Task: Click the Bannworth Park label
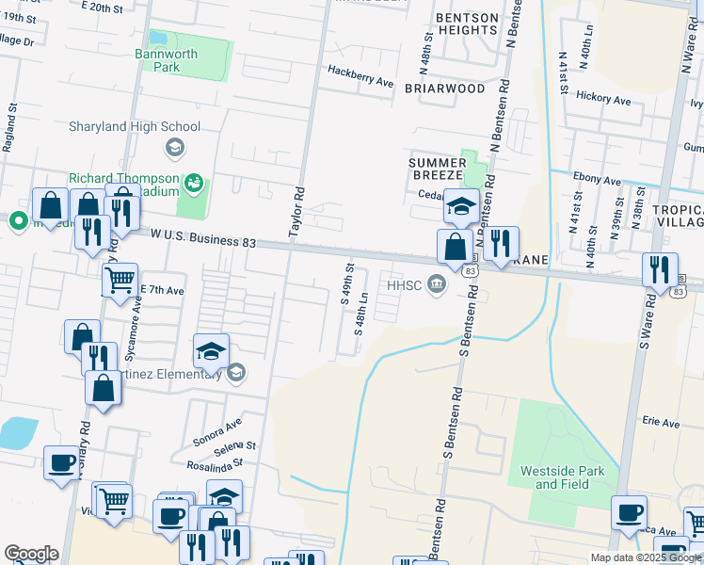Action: click(x=167, y=60)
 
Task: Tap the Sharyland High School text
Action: click(x=134, y=127)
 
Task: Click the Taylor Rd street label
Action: click(x=296, y=208)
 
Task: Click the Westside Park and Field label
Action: click(x=562, y=476)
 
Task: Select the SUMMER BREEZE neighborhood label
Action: click(x=437, y=169)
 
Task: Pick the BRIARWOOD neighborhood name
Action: click(x=444, y=89)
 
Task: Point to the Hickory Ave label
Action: click(x=603, y=98)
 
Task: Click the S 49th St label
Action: click(x=345, y=283)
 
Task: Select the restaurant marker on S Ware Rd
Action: click(x=660, y=269)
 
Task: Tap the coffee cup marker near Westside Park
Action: click(x=629, y=512)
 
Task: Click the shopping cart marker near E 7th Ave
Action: click(x=120, y=279)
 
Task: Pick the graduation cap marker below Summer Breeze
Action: click(x=461, y=206)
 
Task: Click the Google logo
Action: click(x=31, y=554)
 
